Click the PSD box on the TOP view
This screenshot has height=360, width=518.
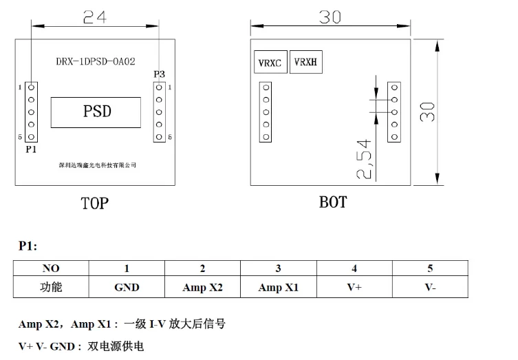(x=97, y=111)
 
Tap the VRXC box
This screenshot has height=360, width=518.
(x=270, y=63)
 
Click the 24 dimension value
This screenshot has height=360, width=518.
(x=95, y=17)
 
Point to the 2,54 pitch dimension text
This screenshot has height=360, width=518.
(x=364, y=159)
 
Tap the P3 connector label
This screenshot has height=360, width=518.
(x=159, y=74)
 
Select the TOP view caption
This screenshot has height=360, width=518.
(x=94, y=203)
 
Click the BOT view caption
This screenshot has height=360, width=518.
(x=333, y=202)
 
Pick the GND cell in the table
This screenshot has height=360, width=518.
(x=127, y=288)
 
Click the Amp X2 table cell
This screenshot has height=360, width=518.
(x=202, y=288)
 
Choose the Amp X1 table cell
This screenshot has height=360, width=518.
(x=278, y=288)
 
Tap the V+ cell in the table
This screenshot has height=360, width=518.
(x=354, y=288)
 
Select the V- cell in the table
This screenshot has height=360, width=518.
(x=430, y=288)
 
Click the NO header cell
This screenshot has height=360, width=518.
(x=51, y=268)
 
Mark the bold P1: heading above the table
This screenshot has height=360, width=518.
(x=28, y=246)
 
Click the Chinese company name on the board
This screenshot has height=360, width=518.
(x=98, y=165)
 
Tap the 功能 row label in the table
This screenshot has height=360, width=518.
(x=51, y=288)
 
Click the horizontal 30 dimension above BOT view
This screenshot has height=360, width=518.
(x=330, y=17)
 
